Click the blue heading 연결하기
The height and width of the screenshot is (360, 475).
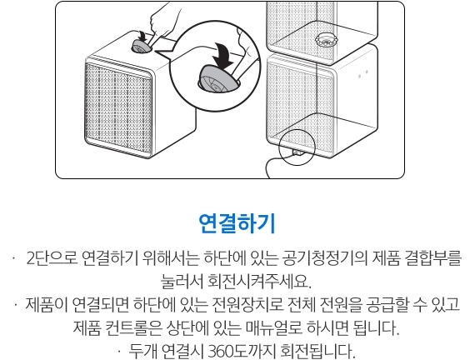(237, 223)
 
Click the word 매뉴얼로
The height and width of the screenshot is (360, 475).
(273, 327)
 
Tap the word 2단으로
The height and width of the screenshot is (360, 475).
(52, 259)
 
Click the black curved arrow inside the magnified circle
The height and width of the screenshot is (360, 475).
(224, 55)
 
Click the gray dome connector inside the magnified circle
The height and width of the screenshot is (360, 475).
(217, 78)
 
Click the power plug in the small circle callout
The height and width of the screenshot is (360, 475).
(297, 152)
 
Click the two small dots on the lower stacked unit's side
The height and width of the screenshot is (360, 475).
(362, 73)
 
